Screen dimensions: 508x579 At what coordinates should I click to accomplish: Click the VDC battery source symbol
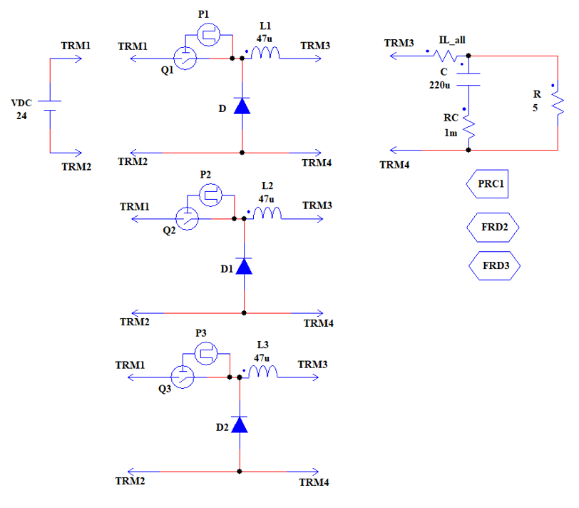49,106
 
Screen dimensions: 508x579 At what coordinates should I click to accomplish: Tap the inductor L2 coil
268,214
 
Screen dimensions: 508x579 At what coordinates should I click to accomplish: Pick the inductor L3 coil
263,373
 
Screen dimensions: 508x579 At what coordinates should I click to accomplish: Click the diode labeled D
242,106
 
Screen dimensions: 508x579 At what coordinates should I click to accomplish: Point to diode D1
244,266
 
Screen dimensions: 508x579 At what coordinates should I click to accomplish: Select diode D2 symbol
240,425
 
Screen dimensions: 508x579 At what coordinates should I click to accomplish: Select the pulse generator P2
211,195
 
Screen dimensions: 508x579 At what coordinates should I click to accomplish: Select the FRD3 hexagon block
494,265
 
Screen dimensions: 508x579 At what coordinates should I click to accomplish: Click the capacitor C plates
468,78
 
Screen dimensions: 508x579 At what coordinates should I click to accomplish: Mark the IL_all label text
454,40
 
